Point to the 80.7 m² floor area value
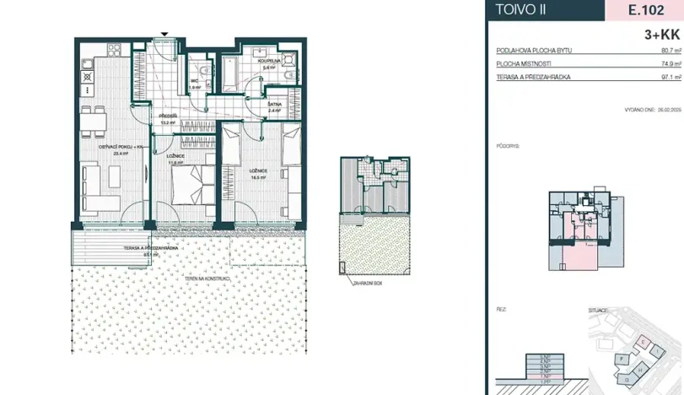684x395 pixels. coord(670,51)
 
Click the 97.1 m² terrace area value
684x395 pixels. coord(670,76)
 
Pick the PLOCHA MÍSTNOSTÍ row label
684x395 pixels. coord(522,63)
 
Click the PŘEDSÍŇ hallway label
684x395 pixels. coord(166,116)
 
